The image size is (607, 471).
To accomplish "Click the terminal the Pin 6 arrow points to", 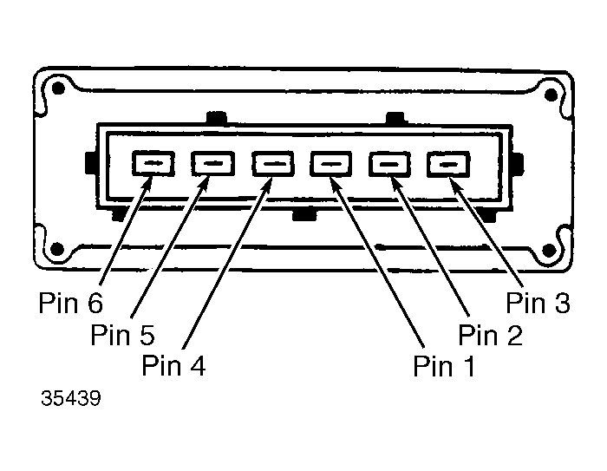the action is click(153, 163).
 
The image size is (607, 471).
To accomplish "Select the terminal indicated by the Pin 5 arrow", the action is click(213, 163).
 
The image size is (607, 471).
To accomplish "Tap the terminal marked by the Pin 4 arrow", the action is click(273, 163).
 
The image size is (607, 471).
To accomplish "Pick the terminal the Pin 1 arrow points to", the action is click(331, 163).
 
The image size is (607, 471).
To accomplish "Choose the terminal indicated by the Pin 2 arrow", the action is click(389, 163).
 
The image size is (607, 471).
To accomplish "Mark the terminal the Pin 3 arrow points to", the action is click(448, 164).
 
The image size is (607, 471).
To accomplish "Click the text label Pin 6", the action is click(71, 303).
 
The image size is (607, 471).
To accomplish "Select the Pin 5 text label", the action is click(122, 334).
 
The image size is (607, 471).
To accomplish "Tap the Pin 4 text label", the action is click(173, 365).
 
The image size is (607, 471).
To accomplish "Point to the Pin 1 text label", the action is click(444, 366).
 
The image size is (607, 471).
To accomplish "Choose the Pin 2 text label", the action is click(490, 334).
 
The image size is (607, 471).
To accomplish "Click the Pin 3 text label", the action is click(538, 302).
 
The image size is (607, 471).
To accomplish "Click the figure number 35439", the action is click(71, 398).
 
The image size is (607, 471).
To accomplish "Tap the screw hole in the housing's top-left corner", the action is click(58, 88).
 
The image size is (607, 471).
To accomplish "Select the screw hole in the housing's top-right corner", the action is click(551, 95).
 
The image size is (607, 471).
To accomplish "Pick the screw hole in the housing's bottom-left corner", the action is click(57, 248).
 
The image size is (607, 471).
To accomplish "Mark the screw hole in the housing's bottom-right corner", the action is click(549, 250).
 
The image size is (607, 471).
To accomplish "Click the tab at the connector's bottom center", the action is click(304, 214).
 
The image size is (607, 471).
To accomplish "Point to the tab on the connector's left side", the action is click(90, 162).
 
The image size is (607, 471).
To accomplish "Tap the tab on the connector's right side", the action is click(518, 163).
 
